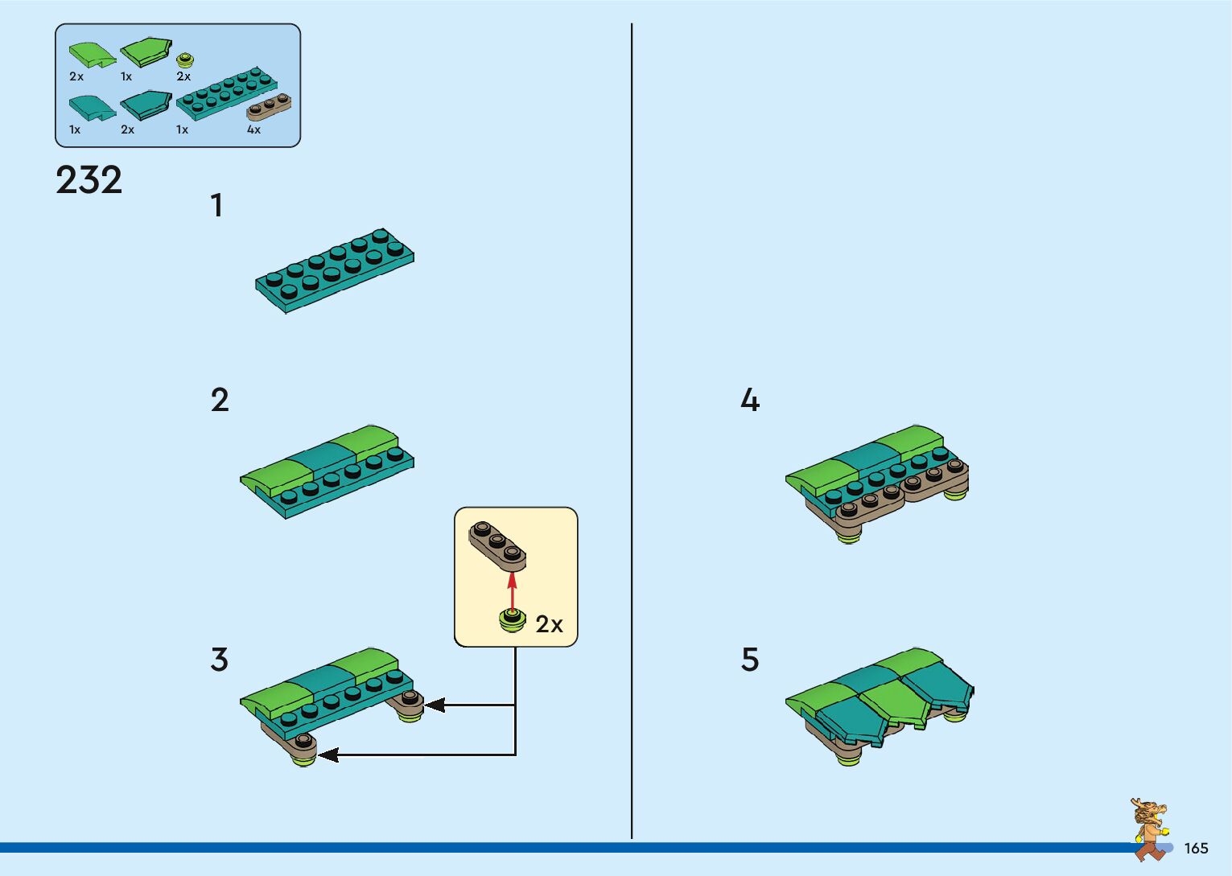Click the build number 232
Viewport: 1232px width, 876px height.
[x=89, y=180]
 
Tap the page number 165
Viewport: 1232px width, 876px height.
[x=1196, y=849]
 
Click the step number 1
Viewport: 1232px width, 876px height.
[x=216, y=206]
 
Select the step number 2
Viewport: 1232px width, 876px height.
[x=220, y=401]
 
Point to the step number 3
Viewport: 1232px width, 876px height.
[x=219, y=660]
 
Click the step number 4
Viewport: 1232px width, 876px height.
[x=749, y=401]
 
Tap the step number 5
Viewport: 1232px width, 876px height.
[x=749, y=660]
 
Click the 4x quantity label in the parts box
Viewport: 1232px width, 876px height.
[x=253, y=130]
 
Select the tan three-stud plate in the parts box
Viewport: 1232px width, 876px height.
[x=269, y=108]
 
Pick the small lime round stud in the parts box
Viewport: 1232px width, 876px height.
[x=185, y=60]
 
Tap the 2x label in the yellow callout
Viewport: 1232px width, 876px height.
[x=549, y=624]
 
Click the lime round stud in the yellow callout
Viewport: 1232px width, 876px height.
[x=511, y=620]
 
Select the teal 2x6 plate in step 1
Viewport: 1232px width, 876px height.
[x=335, y=269]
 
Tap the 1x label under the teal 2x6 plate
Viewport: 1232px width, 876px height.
[x=182, y=130]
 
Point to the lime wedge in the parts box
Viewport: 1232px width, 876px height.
[x=146, y=51]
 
